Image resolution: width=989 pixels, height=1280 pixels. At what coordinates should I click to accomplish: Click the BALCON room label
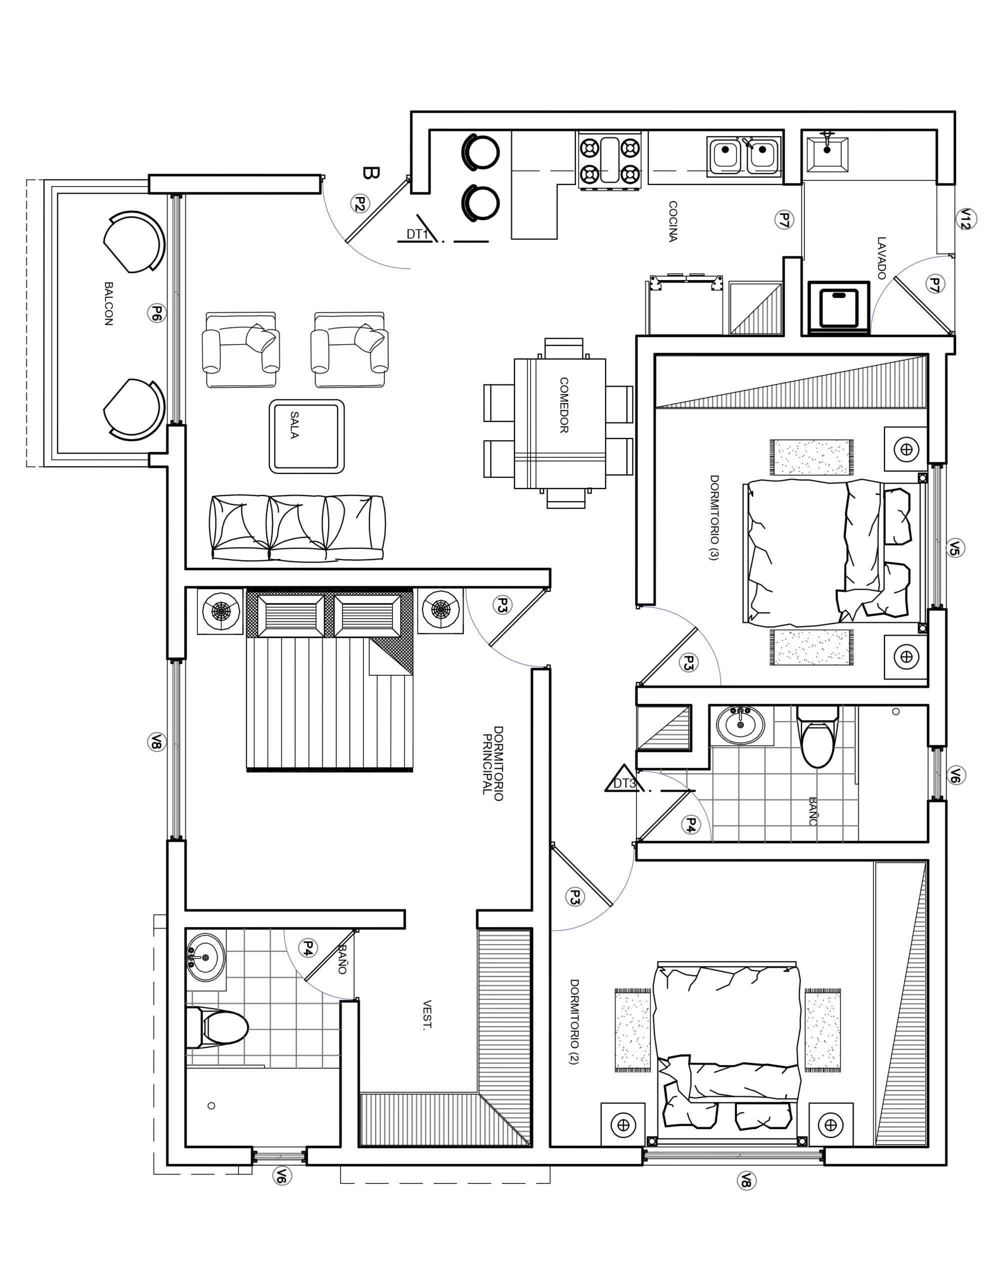coord(108,303)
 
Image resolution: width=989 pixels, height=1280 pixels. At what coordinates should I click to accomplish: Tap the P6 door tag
coord(156,313)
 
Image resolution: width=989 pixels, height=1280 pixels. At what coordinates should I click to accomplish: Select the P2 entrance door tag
coord(360,203)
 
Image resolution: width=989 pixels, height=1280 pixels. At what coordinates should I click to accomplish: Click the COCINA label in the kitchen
coord(673,221)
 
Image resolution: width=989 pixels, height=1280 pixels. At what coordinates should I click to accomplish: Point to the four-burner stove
coord(609,160)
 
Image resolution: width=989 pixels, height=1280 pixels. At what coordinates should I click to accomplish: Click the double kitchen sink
coord(744,156)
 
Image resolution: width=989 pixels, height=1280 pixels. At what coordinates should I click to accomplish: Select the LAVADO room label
coord(881,258)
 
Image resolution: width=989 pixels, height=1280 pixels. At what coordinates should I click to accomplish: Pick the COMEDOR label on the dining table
coord(564,405)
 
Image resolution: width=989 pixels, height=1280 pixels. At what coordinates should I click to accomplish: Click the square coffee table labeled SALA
coord(306,436)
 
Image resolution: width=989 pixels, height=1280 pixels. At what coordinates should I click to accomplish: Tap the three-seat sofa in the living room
coord(297,528)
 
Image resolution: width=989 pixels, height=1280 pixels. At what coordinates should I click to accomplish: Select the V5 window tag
coord(955,548)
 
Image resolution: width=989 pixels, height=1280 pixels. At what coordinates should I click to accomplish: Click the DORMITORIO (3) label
coord(714,517)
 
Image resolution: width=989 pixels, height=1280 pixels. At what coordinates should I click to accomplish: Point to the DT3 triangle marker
coord(622,778)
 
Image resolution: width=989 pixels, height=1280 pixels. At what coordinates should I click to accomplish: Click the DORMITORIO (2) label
coord(574,1021)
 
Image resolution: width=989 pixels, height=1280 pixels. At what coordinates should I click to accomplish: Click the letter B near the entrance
coord(371,173)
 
